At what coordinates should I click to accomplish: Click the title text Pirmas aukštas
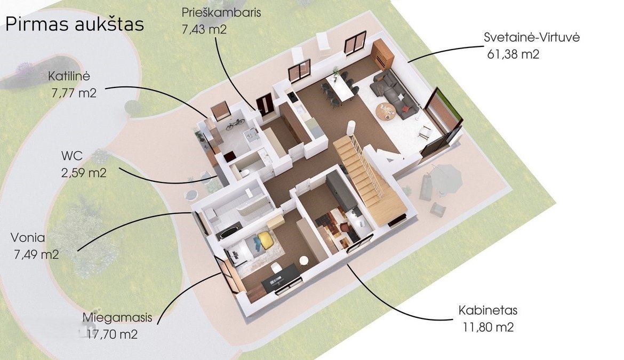pyautogui.click(x=75, y=25)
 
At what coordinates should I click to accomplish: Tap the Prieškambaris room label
pyautogui.click(x=221, y=12)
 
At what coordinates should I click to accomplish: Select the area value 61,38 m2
pyautogui.click(x=513, y=54)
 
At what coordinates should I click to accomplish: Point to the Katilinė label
pyautogui.click(x=69, y=76)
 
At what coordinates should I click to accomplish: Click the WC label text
pyautogui.click(x=72, y=156)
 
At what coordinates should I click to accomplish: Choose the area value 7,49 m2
pyautogui.click(x=36, y=254)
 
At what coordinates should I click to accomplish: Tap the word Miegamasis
pyautogui.click(x=117, y=318)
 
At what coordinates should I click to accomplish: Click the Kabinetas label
pyautogui.click(x=487, y=310)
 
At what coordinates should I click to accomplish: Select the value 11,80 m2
pyautogui.click(x=488, y=327)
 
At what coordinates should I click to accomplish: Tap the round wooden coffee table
pyautogui.click(x=385, y=111)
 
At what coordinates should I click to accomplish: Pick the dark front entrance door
pyautogui.click(x=264, y=104)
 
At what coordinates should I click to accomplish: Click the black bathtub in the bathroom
pyautogui.click(x=228, y=231)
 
